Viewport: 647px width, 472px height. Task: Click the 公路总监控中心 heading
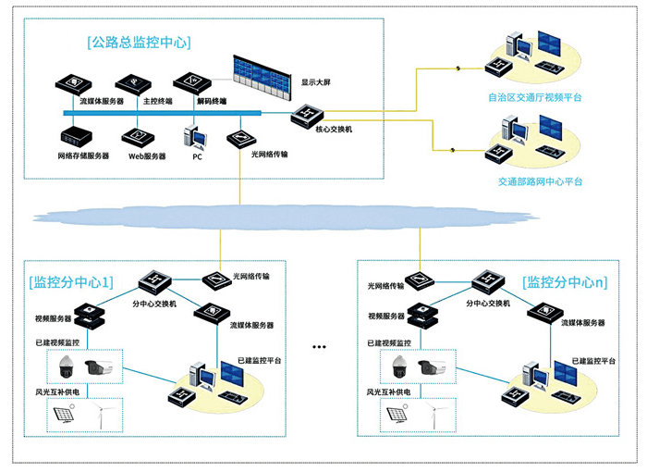pos(139,43)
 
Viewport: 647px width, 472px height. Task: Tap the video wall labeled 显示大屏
pos(262,78)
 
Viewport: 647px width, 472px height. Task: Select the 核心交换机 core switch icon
pos(307,115)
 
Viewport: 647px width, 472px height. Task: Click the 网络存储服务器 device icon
pos(77,136)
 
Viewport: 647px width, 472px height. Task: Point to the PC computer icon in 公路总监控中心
pos(195,138)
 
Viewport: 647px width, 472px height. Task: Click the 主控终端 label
pos(158,101)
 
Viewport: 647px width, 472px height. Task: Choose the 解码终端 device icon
pos(192,81)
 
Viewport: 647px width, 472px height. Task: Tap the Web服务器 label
pos(147,156)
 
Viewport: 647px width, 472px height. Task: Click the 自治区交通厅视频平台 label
pos(535,97)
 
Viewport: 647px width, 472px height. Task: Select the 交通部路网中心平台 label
pos(540,181)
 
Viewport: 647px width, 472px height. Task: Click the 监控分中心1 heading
pos(71,282)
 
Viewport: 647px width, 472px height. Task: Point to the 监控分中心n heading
pos(565,282)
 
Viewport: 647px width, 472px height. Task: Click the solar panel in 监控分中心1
pos(65,415)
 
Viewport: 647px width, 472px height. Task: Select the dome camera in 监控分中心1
pos(66,367)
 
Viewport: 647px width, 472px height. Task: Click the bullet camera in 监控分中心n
pos(432,367)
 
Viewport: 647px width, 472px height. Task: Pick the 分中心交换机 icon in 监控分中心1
pos(154,282)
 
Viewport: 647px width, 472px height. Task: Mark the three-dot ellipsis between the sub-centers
pos(319,347)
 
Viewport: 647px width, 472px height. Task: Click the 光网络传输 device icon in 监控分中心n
pos(420,280)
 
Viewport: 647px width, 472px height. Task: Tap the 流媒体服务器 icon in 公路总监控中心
pos(73,84)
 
